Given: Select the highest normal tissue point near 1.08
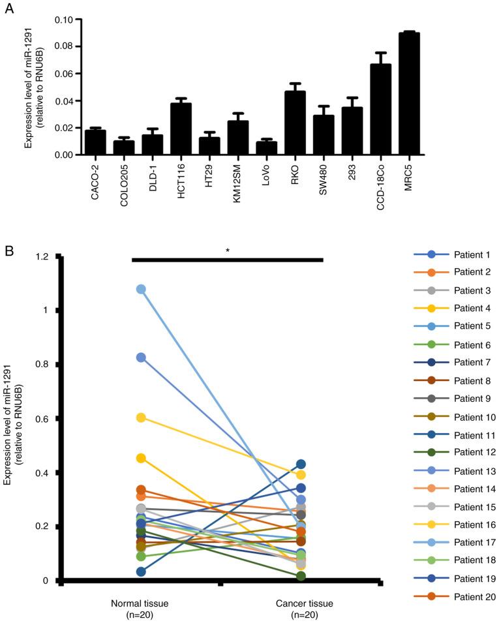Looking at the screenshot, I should pos(140,289).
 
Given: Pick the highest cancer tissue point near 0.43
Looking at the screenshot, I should pos(301,464).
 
